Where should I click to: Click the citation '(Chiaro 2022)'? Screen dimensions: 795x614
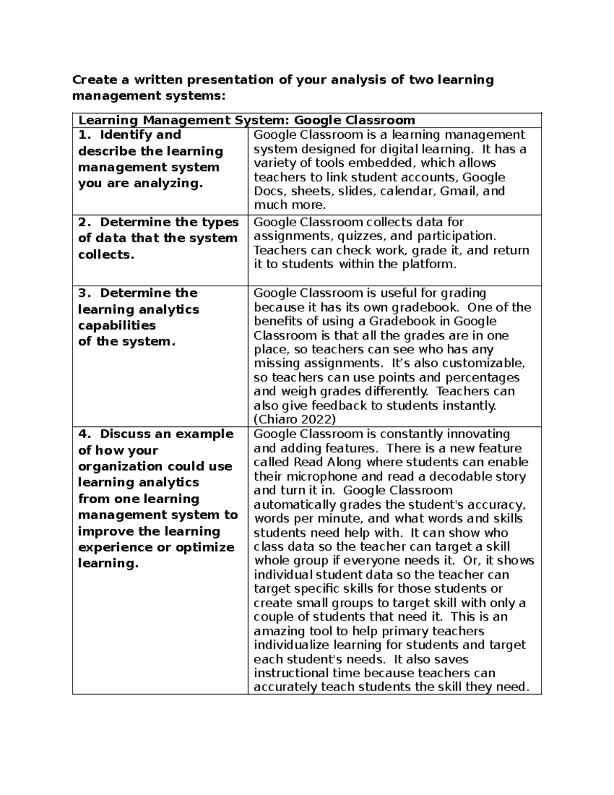click(x=295, y=420)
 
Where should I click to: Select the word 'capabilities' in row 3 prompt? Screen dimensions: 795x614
click(x=117, y=326)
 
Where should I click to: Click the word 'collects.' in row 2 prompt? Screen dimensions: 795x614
click(x=106, y=254)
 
